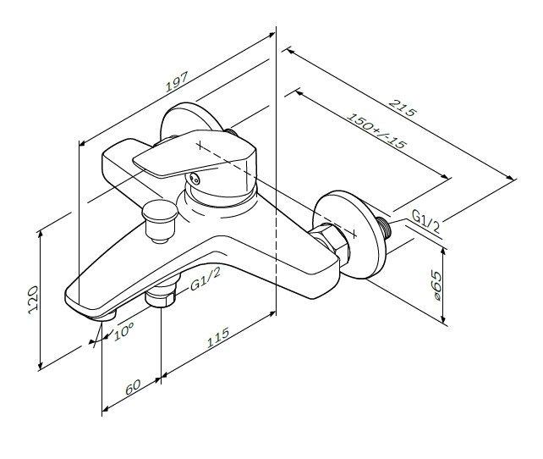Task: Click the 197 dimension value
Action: (x=177, y=82)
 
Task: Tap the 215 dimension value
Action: (x=402, y=108)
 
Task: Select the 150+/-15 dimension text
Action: (x=376, y=131)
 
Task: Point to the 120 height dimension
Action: (x=33, y=300)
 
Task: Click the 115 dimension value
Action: (x=218, y=337)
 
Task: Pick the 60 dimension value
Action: (x=133, y=387)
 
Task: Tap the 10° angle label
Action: (x=124, y=331)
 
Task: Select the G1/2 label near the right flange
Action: (x=425, y=222)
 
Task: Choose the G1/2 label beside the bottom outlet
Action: (x=205, y=279)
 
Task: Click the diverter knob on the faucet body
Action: (x=160, y=221)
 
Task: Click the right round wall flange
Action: (x=348, y=234)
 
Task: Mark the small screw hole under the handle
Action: (x=195, y=180)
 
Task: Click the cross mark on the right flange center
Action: (x=354, y=234)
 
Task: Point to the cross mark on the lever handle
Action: (x=200, y=146)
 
